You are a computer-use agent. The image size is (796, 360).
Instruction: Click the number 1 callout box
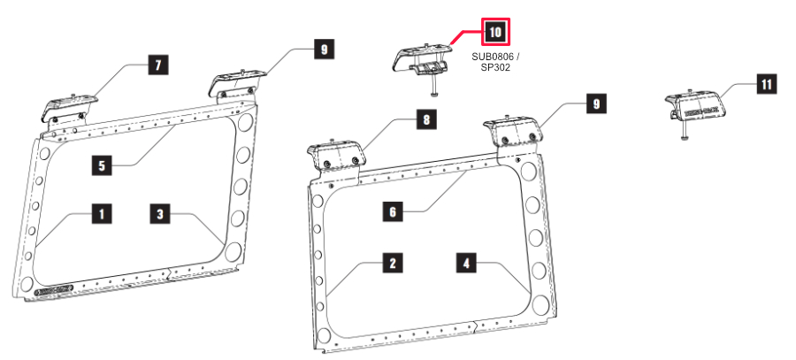click(x=103, y=214)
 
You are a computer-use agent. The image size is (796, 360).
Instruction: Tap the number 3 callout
click(x=160, y=214)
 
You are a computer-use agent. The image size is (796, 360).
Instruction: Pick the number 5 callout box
click(x=103, y=163)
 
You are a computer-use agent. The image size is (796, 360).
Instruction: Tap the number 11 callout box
click(x=766, y=85)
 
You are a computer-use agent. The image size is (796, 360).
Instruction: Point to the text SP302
click(x=495, y=67)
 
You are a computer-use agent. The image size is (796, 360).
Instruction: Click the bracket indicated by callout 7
click(x=66, y=109)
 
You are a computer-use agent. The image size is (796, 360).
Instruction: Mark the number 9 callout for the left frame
click(x=325, y=50)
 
